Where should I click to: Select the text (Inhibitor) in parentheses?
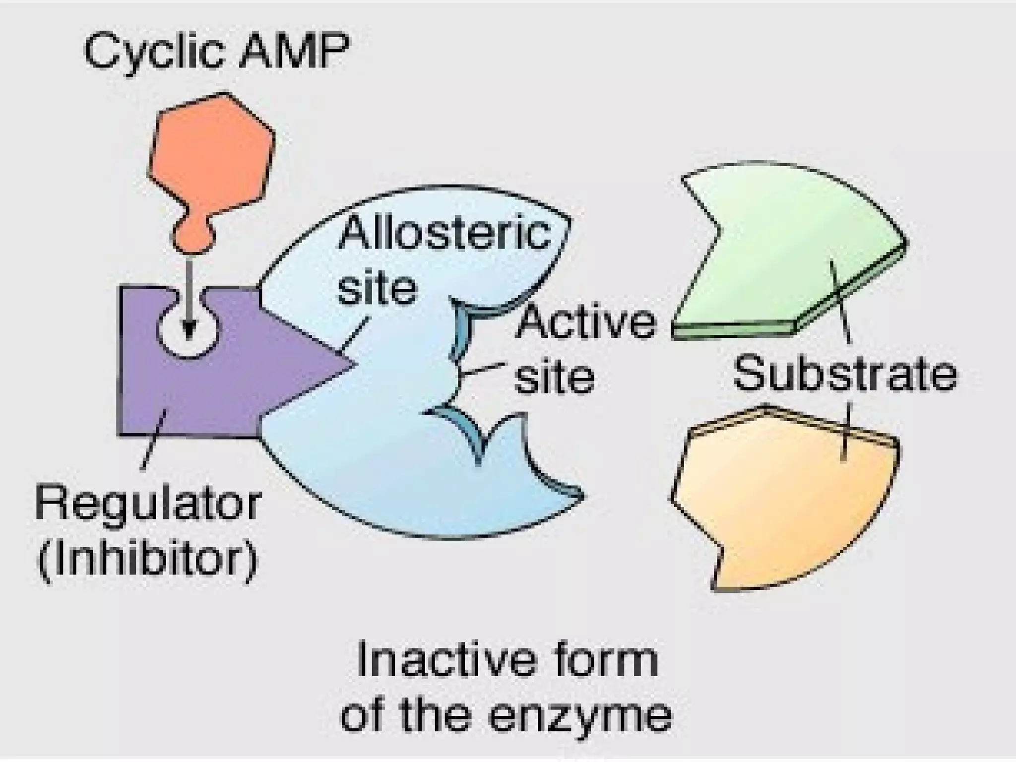coord(148,559)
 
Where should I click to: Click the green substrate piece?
coord(789,248)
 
